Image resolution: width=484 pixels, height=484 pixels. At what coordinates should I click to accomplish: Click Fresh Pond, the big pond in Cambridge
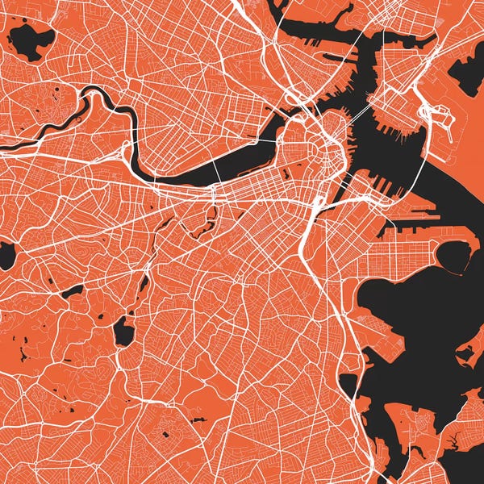(x=30, y=41)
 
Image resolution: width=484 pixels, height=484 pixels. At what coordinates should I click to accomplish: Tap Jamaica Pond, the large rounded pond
(x=123, y=331)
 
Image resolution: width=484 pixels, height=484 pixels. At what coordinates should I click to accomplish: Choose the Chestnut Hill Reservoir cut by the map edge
(x=6, y=256)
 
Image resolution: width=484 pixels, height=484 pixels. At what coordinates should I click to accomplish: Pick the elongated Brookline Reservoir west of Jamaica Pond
(x=73, y=290)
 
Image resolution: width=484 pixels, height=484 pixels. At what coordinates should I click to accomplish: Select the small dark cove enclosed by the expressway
(x=348, y=384)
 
